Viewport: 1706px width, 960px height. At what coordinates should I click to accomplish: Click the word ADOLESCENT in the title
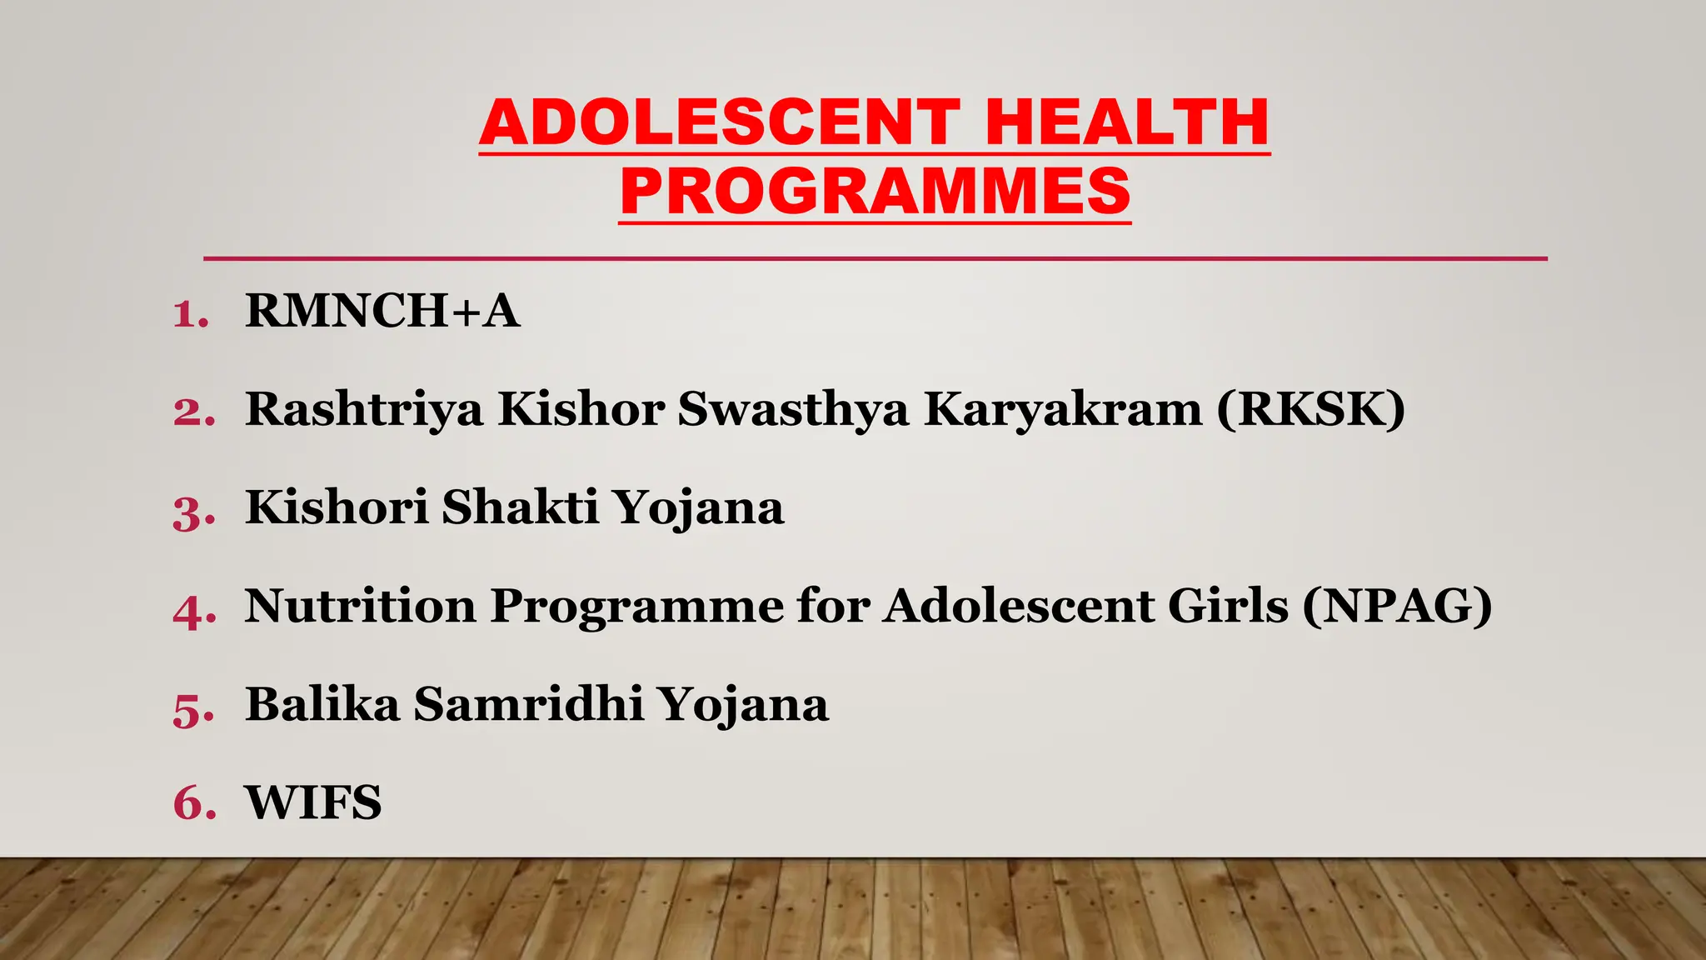(x=721, y=123)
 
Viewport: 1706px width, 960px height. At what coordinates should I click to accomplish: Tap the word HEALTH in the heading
(x=1127, y=123)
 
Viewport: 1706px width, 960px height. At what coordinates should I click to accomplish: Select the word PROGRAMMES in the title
(x=875, y=192)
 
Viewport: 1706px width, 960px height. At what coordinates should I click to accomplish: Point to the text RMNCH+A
(x=382, y=311)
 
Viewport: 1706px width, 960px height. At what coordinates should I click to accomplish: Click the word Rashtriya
(x=363, y=410)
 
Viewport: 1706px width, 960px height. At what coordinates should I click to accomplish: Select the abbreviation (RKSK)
(x=1310, y=409)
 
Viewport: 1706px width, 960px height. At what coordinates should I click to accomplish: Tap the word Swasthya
(x=792, y=410)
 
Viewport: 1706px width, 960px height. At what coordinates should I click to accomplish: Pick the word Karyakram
(x=1063, y=410)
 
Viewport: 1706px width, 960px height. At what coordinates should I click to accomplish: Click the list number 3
(x=192, y=512)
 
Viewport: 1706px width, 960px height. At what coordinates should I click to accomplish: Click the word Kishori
(x=337, y=507)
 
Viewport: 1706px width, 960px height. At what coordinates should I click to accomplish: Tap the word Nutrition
(x=360, y=605)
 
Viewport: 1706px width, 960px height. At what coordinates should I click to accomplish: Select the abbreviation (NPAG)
(x=1397, y=606)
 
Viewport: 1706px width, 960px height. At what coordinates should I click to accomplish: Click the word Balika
(x=322, y=704)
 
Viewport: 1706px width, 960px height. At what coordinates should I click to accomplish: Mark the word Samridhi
(x=529, y=704)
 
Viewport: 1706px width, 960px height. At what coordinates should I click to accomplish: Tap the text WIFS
(x=313, y=802)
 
